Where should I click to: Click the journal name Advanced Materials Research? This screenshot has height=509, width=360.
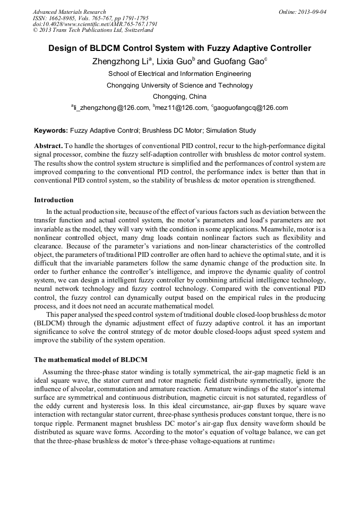(69, 12)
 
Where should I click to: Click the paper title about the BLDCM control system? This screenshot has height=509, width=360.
(179, 48)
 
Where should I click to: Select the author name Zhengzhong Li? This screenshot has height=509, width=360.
(117, 62)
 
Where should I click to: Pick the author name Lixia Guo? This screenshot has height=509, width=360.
(170, 62)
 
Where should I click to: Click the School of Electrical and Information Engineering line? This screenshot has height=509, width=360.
(179, 74)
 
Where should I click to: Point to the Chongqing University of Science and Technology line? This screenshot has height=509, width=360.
(179, 85)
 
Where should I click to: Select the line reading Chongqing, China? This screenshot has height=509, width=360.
(179, 97)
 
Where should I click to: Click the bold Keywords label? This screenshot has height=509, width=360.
(51, 131)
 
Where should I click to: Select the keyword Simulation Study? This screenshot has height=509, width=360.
(231, 131)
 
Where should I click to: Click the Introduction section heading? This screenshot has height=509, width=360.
(54, 200)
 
